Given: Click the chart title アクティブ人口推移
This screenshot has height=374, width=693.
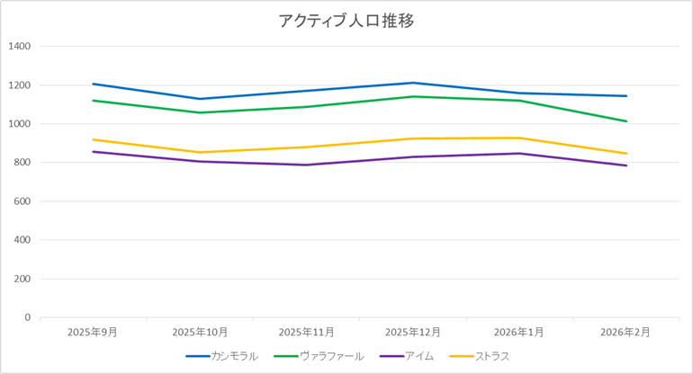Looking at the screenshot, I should [346, 21].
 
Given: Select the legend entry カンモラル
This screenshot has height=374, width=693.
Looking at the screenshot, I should [234, 356].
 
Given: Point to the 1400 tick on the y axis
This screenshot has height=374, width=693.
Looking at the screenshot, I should [19, 46].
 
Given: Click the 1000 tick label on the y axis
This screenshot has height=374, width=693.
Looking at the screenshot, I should [19, 123].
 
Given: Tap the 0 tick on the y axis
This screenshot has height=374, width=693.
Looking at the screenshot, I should [27, 317].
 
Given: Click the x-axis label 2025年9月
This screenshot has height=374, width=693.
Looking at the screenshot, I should [93, 332].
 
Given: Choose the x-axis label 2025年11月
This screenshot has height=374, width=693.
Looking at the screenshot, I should [306, 332].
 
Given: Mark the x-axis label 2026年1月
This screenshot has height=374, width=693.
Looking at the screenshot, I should [519, 332].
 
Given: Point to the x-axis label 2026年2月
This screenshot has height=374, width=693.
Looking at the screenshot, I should [626, 332].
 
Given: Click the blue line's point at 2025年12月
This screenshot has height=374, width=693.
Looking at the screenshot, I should [413, 83].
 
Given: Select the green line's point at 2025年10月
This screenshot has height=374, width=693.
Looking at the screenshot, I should [200, 112].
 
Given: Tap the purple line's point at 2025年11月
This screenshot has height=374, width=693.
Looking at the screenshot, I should [306, 165].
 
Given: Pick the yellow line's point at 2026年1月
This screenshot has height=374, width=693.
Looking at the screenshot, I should [519, 138].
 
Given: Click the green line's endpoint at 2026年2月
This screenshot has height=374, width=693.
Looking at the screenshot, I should [626, 120].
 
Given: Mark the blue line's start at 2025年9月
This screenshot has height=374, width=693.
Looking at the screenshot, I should [93, 84].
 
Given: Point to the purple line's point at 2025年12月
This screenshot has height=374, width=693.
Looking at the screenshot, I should [413, 156].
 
